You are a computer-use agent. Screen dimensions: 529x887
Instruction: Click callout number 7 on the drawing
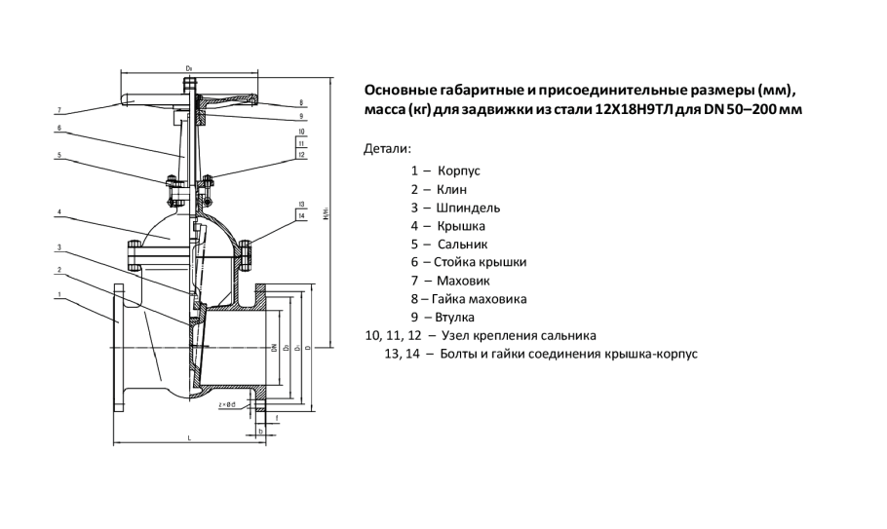pos(59,109)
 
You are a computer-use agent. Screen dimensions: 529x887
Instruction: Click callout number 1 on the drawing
pos(59,294)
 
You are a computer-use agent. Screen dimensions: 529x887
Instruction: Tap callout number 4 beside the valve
pos(59,211)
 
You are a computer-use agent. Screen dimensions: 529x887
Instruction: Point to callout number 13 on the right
pos(302,204)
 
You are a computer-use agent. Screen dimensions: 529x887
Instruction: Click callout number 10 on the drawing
pos(302,131)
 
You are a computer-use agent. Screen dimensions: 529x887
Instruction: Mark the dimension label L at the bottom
pos(188,439)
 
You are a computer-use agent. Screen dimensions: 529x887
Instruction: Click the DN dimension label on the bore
pos(276,347)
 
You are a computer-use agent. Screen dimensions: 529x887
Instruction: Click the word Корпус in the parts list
pos(459,170)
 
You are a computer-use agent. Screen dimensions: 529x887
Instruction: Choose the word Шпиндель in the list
pos(469,208)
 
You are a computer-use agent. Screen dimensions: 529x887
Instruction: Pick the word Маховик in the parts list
pos(467,281)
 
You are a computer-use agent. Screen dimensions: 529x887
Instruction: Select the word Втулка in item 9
pos(456,318)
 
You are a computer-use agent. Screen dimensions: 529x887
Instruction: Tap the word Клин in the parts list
pos(452,189)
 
